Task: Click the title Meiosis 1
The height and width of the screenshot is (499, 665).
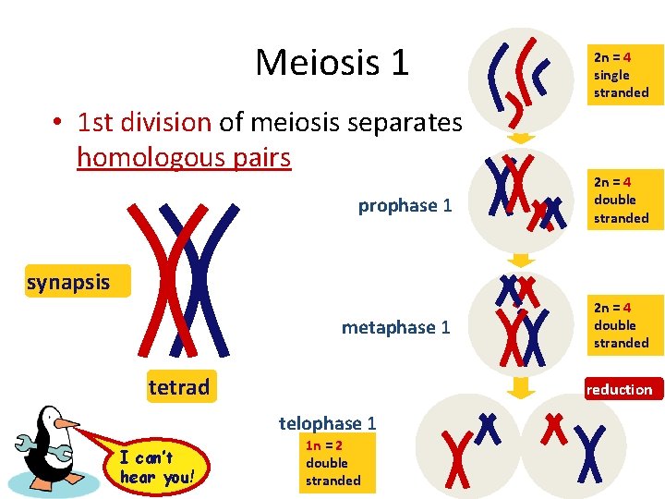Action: pos(332,62)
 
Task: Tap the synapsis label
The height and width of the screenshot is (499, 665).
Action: pos(68,283)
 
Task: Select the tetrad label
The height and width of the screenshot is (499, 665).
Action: pos(179,387)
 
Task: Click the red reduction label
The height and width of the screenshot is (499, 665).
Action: pos(619,389)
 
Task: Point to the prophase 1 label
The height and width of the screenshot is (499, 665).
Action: pos(405,205)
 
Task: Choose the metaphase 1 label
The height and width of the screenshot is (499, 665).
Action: pos(396,327)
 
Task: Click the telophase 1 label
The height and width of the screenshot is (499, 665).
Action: pos(327,423)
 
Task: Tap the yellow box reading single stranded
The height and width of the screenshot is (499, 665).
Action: pos(621,75)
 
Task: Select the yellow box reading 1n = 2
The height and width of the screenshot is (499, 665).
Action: pos(333,462)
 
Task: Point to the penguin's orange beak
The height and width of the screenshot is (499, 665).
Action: pos(66,425)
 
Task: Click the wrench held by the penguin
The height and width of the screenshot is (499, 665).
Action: pos(29,448)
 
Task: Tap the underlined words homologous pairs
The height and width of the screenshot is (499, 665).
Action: pos(184,158)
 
